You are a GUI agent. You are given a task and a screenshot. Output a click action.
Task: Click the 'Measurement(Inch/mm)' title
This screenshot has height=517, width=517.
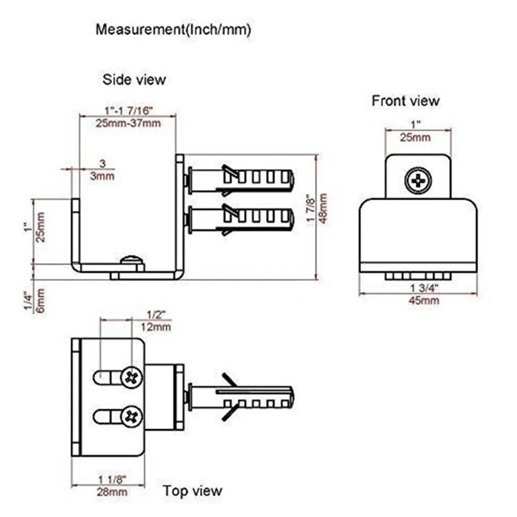173,30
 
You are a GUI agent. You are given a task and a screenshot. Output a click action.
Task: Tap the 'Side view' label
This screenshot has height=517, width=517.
134,79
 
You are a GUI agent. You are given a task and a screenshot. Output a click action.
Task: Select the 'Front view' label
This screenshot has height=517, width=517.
405,101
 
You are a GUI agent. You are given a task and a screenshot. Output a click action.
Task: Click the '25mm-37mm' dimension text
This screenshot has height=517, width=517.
128,123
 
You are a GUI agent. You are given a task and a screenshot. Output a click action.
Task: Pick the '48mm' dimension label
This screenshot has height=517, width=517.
323,208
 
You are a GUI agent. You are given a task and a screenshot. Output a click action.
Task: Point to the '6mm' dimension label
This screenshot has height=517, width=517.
41,300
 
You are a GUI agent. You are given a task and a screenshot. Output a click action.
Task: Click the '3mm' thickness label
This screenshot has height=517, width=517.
103,175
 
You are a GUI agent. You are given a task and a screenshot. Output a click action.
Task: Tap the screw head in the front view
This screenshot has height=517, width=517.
418,181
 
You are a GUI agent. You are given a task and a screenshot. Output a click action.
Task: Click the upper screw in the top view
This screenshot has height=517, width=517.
132,378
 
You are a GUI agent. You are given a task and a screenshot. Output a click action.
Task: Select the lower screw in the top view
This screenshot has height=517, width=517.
132,417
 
